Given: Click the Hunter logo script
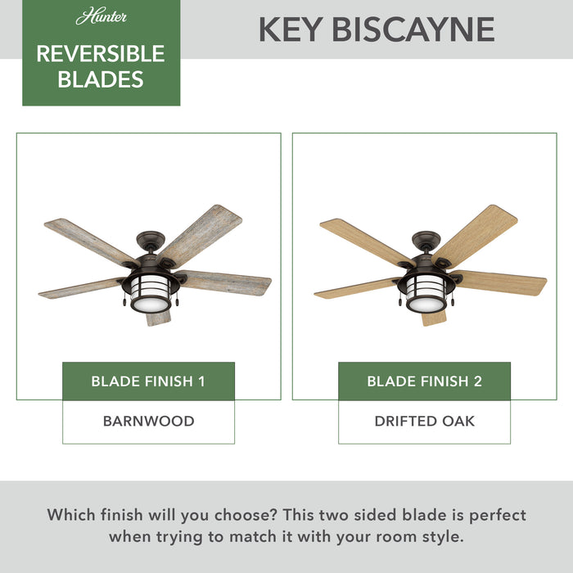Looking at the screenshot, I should (101, 17).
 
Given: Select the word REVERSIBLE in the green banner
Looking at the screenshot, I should (101, 54).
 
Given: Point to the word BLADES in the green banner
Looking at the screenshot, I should (101, 79).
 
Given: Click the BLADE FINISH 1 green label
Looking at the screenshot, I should (148, 381).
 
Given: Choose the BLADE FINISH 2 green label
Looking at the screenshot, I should (424, 381).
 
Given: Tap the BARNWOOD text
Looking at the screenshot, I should (148, 422).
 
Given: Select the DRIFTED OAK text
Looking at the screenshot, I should (424, 422).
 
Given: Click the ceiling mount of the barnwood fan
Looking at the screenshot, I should (152, 240).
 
